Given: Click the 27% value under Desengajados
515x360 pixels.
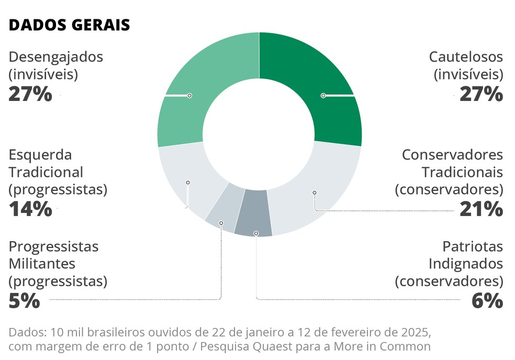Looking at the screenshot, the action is pos(30,94).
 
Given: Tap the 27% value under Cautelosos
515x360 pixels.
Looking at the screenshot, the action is pos(481,94).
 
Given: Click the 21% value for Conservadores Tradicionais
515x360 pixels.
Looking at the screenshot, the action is pos(481,209).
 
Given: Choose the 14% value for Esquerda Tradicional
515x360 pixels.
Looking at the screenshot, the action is pos(30,209).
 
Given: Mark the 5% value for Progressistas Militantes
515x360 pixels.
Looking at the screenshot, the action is pos(24,300).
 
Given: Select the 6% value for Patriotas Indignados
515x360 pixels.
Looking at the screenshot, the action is pos(487,300).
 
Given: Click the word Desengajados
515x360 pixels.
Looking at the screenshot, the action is pos(56,57).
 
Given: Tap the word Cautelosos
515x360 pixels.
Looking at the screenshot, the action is pos(466,57).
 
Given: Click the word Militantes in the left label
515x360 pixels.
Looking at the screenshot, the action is pos(42,263).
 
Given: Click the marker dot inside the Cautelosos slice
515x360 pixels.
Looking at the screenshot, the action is pos(323,95).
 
